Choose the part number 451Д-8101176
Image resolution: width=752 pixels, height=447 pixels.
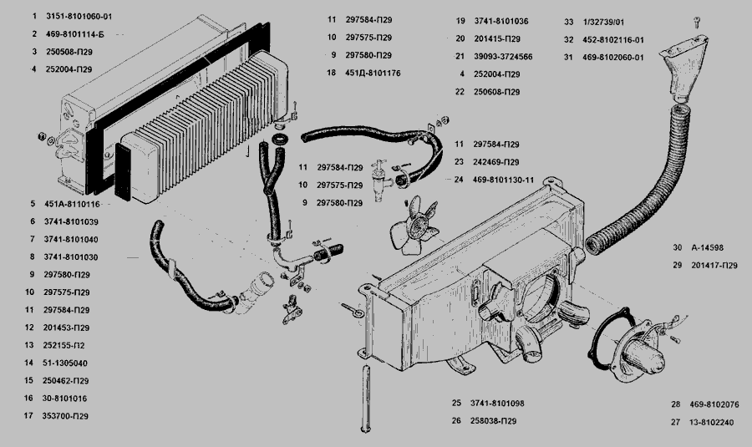(x=373, y=74)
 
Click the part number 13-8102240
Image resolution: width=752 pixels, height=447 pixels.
(x=713, y=422)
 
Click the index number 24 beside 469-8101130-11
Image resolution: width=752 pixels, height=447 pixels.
(x=460, y=179)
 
